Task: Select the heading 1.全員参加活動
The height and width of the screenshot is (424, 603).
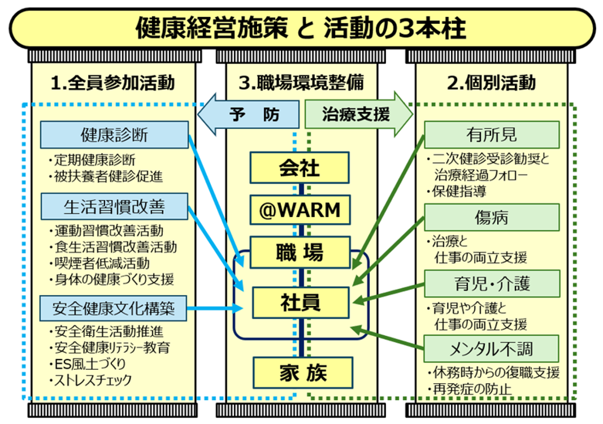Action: (112, 83)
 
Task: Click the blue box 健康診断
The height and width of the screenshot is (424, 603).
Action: (114, 135)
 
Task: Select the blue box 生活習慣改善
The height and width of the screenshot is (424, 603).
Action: (114, 206)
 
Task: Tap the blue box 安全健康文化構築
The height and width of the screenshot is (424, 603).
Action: (114, 308)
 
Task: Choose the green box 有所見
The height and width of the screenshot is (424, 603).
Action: (492, 135)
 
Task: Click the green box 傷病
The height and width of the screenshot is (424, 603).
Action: (492, 217)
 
